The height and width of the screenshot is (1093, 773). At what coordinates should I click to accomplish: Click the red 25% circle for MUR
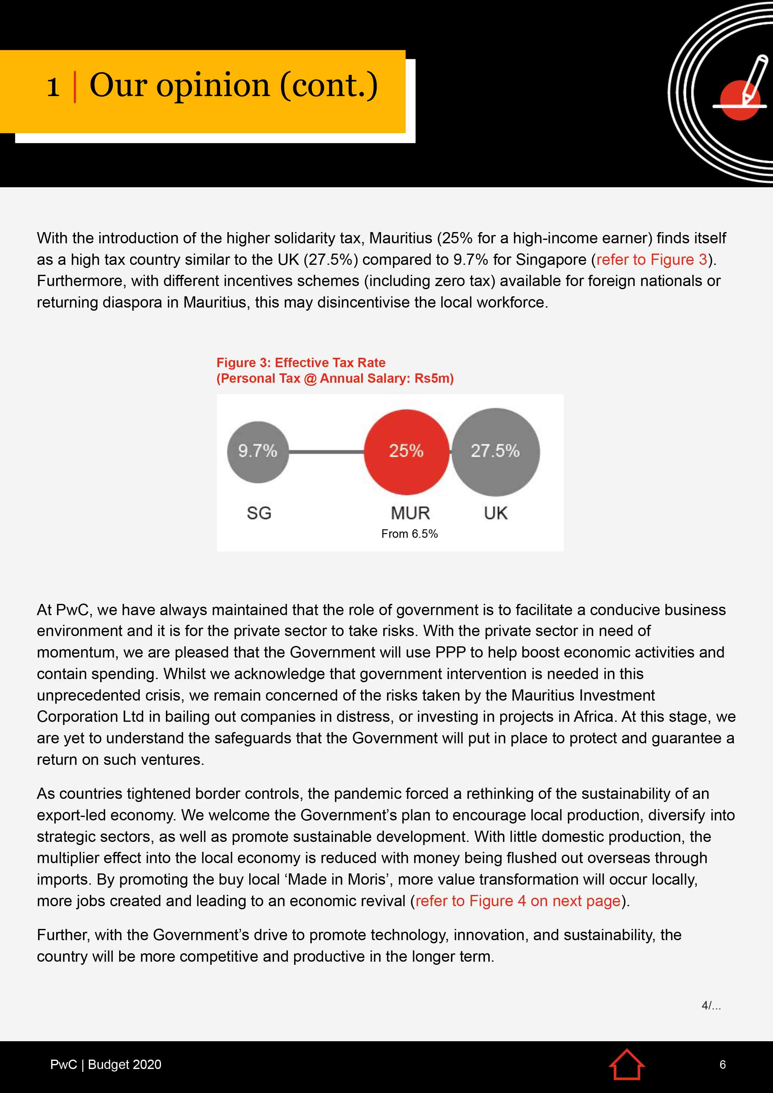[406, 451]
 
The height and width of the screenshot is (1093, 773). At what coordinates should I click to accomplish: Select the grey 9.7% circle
[258, 451]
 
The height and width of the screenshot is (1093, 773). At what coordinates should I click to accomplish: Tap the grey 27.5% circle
[495, 451]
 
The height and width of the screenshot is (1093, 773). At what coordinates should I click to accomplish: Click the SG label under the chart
[259, 513]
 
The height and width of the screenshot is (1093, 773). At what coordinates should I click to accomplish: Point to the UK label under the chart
[495, 513]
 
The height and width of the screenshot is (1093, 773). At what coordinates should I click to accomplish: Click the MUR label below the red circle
[410, 513]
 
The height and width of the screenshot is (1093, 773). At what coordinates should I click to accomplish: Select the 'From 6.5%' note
[409, 534]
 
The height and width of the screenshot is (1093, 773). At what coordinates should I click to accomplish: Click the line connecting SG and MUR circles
[326, 452]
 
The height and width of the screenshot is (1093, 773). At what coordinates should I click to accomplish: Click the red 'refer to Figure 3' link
[651, 260]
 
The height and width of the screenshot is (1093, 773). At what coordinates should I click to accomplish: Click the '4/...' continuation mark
[711, 1005]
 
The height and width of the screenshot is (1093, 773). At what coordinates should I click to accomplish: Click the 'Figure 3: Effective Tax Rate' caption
[301, 363]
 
